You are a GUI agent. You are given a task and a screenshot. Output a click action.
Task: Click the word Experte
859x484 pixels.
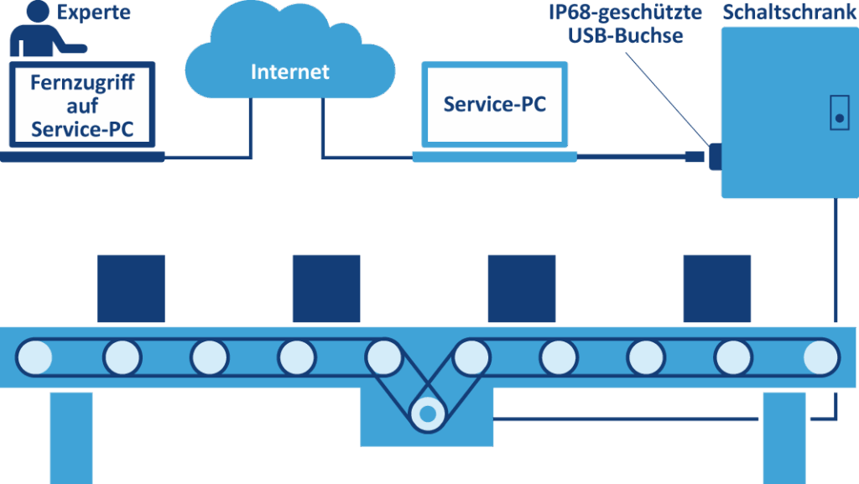[95, 13]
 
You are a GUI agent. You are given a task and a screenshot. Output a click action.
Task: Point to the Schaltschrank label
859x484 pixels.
[789, 13]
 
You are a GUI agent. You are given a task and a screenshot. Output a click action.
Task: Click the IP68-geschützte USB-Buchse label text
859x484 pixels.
[624, 24]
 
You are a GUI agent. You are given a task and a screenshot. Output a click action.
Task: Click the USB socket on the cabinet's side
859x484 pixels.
[715, 156]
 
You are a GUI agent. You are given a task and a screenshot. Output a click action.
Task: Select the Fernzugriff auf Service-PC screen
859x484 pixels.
[82, 105]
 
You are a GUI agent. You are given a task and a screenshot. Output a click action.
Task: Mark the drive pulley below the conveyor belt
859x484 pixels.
[427, 413]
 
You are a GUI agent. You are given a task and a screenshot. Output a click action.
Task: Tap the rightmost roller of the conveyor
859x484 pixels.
[820, 356]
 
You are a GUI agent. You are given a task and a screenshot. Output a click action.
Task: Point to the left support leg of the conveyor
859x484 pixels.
[71, 436]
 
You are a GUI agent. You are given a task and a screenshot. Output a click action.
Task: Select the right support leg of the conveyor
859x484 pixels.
[784, 436]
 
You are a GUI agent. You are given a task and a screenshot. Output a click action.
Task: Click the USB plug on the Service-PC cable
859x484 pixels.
[694, 156]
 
